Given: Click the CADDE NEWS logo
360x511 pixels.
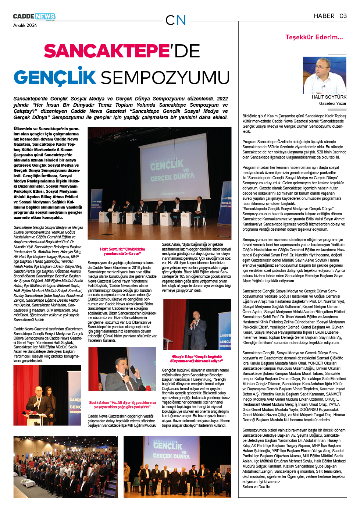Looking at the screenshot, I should (x=34, y=17).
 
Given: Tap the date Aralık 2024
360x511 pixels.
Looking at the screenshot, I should (x=25, y=25).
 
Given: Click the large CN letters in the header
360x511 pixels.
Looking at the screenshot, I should (x=175, y=20).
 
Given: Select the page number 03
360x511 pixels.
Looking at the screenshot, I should (x=343, y=16).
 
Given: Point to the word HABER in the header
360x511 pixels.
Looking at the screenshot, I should (x=324, y=16).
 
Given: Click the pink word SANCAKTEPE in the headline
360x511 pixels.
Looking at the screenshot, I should (x=106, y=51).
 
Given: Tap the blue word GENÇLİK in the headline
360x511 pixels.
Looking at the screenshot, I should (x=55, y=77).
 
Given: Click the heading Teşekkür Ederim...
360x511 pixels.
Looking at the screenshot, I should (x=314, y=37).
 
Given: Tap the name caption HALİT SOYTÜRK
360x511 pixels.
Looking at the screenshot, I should (x=329, y=97).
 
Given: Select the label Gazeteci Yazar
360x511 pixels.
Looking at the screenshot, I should (x=332, y=103).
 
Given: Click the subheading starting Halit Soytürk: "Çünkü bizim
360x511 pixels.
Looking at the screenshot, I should (x=122, y=251).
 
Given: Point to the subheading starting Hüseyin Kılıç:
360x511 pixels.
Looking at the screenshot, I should (x=196, y=359).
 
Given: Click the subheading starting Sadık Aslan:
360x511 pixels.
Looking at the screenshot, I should (x=122, y=405).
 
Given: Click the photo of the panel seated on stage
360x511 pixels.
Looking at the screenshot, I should (x=159, y=183).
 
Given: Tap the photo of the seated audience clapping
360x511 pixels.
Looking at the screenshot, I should (x=65, y=466).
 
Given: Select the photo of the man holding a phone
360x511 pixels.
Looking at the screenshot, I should (x=122, y=369).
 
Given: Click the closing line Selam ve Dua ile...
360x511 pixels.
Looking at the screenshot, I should (x=257, y=487).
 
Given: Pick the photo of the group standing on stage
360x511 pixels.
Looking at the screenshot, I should (x=177, y=466).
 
